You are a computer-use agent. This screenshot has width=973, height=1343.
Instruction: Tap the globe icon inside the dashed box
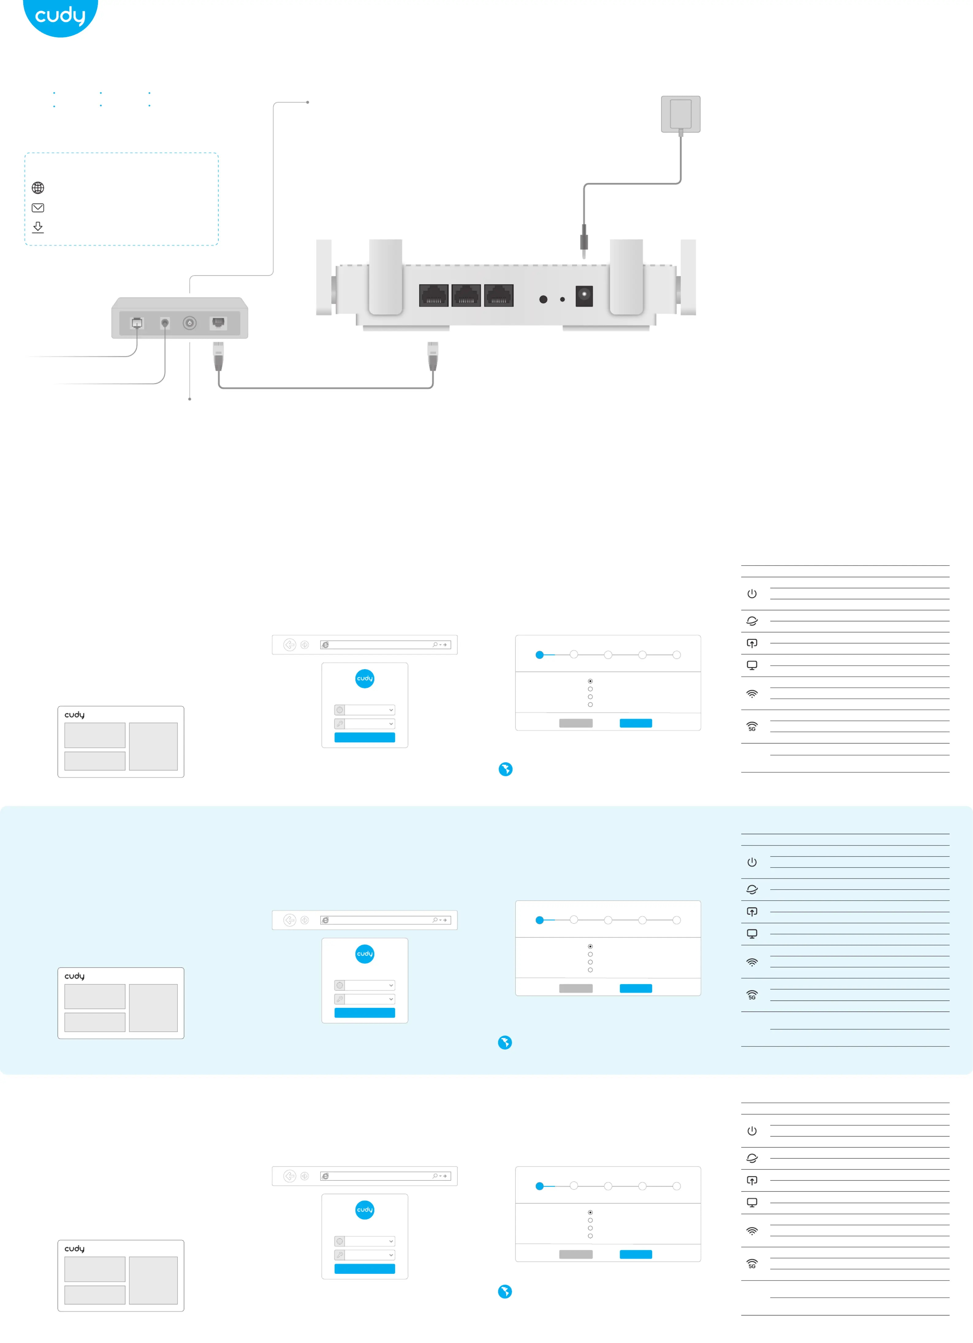(x=38, y=188)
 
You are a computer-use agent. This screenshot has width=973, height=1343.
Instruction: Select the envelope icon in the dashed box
(x=38, y=208)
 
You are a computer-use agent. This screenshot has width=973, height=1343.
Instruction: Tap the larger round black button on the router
(x=543, y=300)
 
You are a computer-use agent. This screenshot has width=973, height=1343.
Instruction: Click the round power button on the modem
(x=189, y=323)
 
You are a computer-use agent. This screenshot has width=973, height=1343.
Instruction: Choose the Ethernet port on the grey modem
(x=218, y=323)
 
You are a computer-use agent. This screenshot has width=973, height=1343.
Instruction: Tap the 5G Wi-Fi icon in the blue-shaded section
(x=752, y=995)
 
